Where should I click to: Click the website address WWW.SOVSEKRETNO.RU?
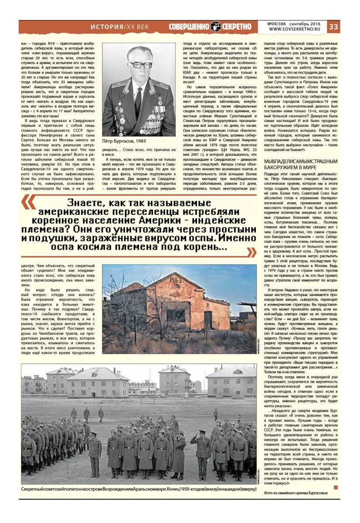[x=297, y=30]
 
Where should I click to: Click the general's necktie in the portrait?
[x=139, y=100]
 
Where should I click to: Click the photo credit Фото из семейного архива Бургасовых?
[x=295, y=492]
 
